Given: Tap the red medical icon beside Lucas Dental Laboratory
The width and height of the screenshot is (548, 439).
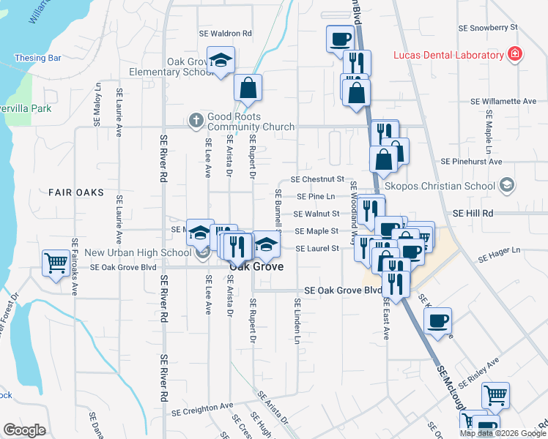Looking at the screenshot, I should click(515, 55).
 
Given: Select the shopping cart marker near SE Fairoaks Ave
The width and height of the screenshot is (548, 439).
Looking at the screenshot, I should click(56, 263).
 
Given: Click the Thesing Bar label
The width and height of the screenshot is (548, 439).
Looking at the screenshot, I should click(37, 58).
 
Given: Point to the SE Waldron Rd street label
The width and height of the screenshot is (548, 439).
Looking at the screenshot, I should click(226, 34).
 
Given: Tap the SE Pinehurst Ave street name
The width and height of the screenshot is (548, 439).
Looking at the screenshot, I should click(471, 161).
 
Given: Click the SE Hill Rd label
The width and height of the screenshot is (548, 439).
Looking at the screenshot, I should click(473, 213).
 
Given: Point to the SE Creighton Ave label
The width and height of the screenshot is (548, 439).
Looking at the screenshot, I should click(202, 405).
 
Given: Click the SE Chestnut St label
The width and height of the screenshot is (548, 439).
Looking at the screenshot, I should click(317, 179).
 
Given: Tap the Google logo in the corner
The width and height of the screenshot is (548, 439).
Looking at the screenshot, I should click(25, 430).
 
